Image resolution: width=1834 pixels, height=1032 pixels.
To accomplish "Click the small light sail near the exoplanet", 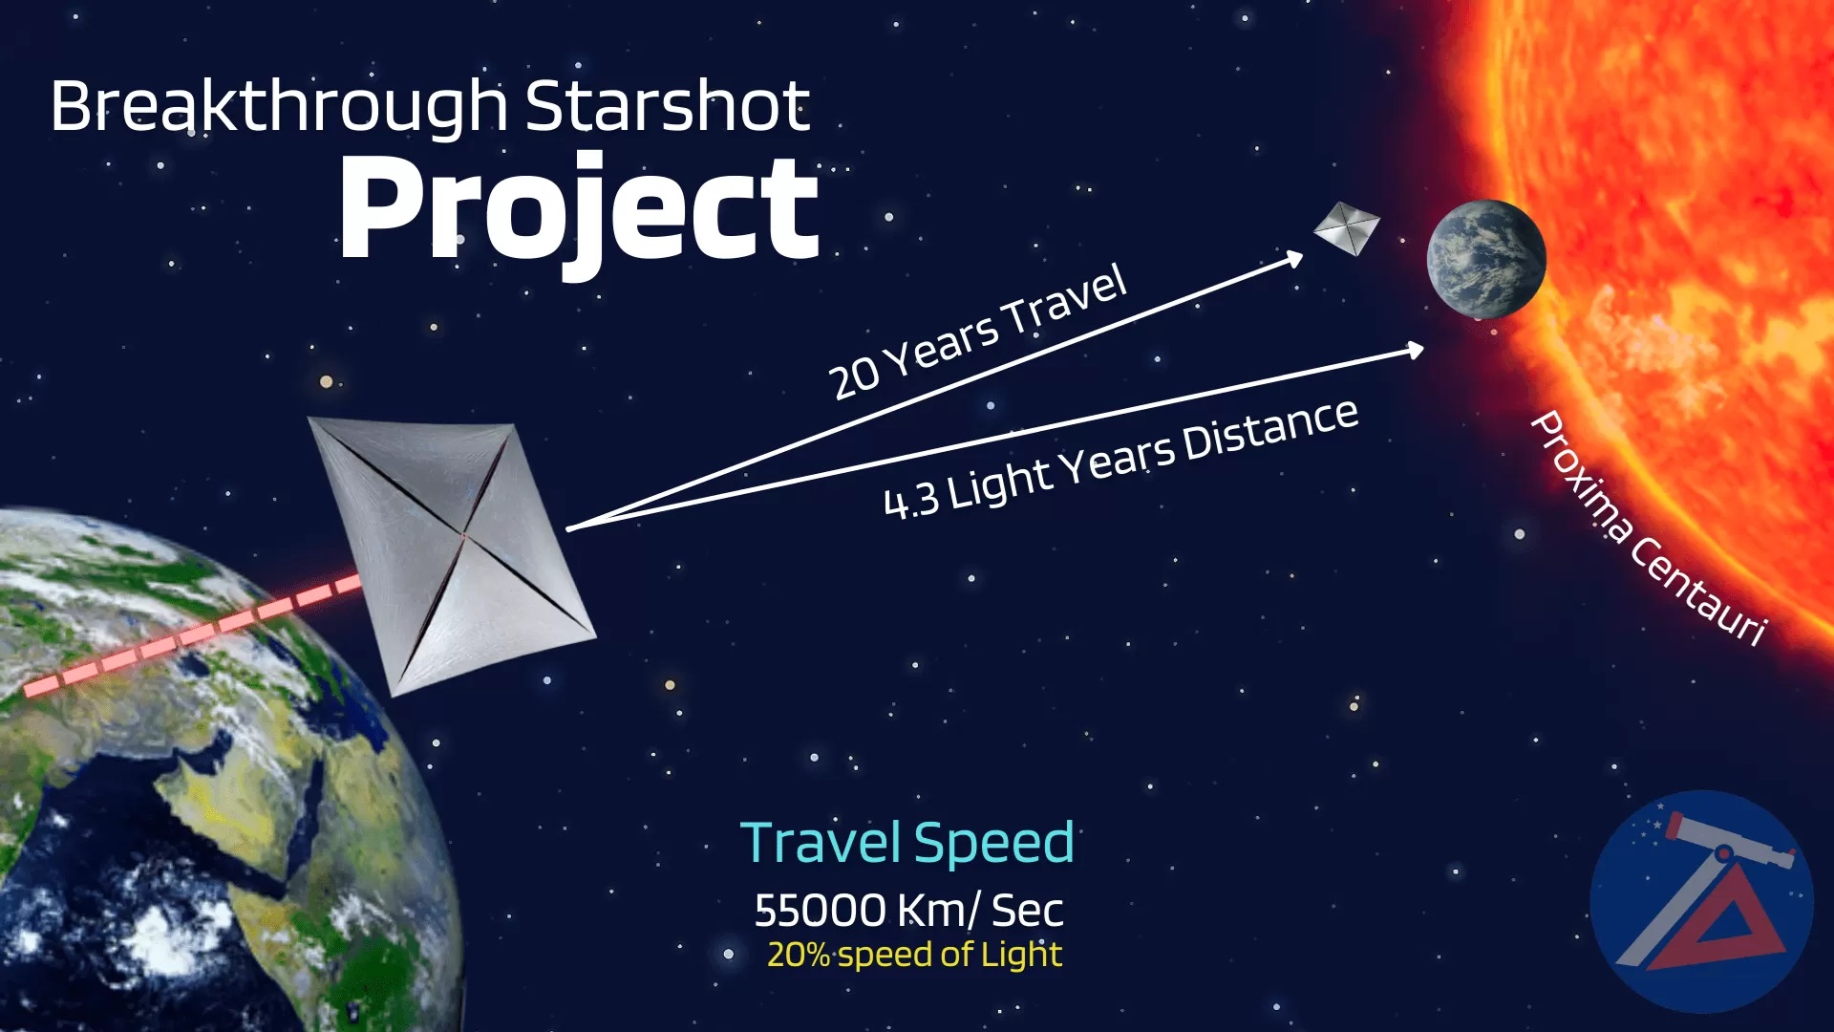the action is tap(1347, 229).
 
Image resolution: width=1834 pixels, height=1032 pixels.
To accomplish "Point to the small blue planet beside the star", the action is tap(1485, 259).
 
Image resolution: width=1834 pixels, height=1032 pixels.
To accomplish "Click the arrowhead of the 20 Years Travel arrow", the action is tap(1294, 258).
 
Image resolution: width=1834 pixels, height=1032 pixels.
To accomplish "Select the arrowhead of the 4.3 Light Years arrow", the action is tap(1415, 351).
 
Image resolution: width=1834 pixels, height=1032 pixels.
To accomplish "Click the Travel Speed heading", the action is tap(907, 844).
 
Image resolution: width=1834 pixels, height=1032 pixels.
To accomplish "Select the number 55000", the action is tap(820, 911).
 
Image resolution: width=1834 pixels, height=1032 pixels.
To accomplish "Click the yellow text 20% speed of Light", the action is tap(914, 955).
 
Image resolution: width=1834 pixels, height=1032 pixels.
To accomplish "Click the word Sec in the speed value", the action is tap(1027, 911).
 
